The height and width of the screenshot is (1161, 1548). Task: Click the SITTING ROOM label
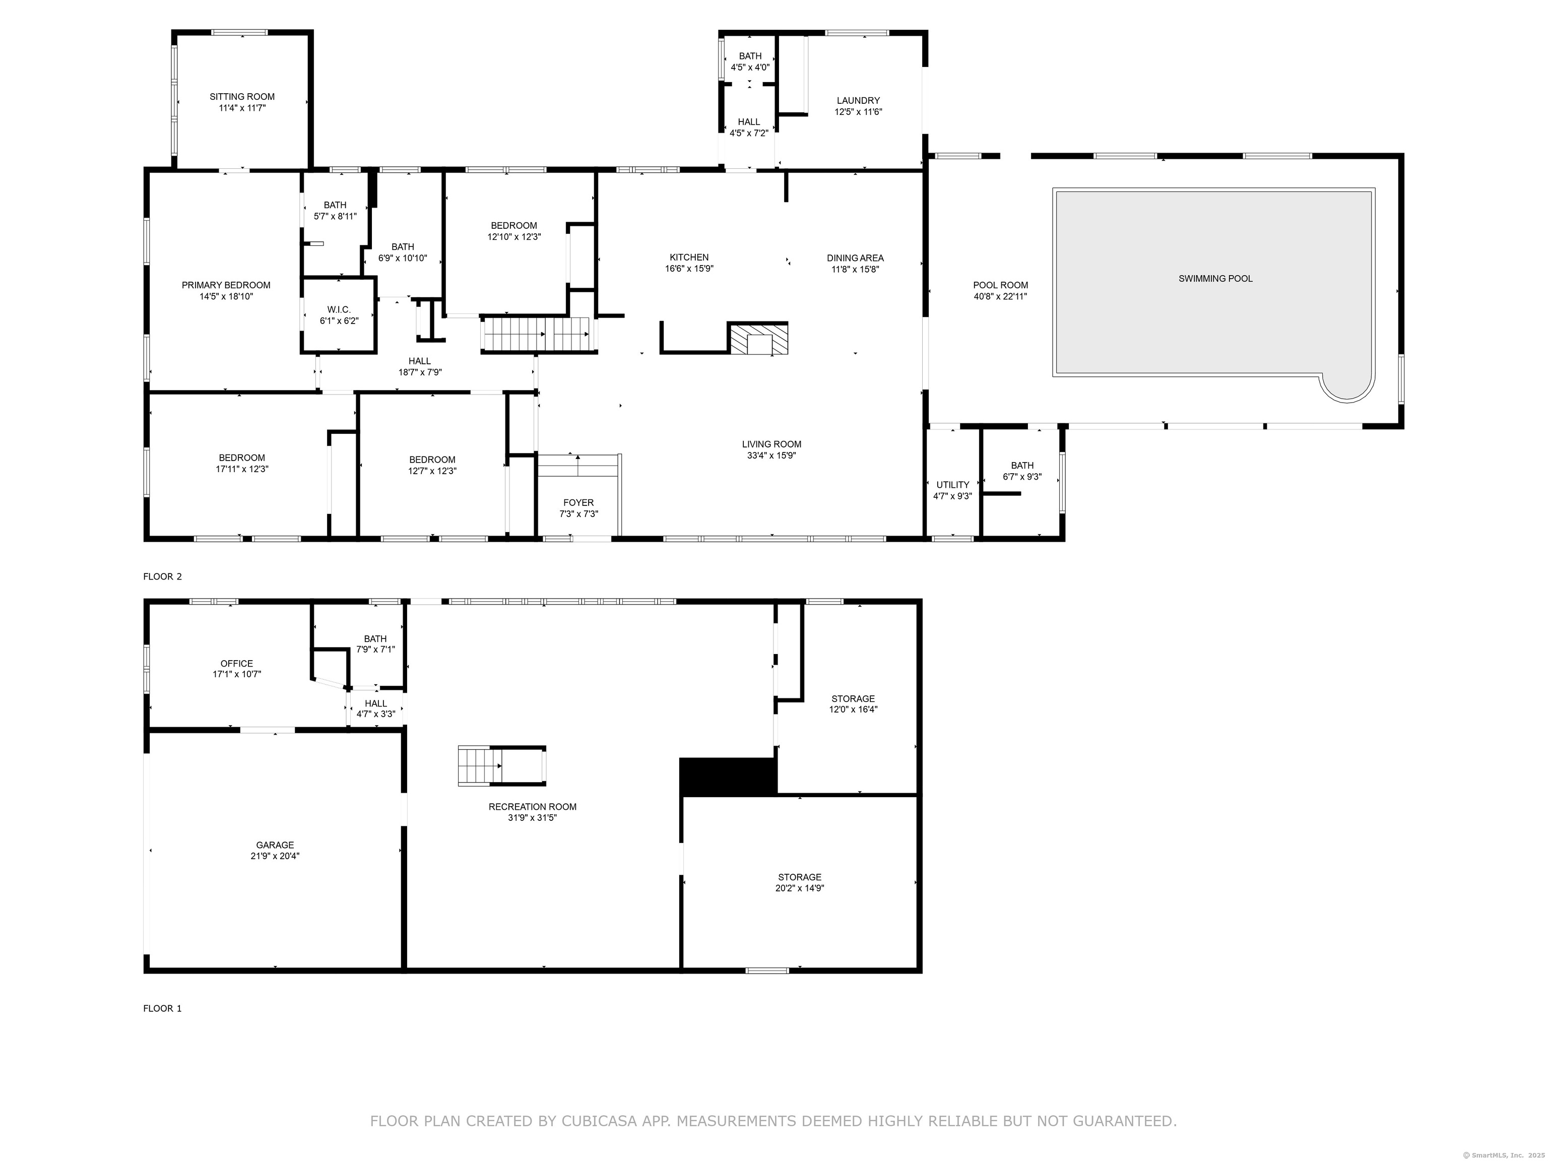click(242, 97)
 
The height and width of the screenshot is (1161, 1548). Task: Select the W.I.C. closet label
click(339, 309)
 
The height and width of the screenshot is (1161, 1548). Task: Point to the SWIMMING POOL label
click(1215, 279)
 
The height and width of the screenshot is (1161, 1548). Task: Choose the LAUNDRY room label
click(858, 101)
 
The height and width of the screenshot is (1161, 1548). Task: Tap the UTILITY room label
click(952, 485)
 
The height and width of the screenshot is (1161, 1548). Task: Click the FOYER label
click(579, 502)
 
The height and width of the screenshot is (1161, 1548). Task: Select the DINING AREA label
click(855, 257)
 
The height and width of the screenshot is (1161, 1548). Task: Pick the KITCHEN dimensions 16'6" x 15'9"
click(689, 269)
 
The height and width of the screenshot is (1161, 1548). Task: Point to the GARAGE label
click(275, 845)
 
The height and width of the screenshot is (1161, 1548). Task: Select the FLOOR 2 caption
click(162, 576)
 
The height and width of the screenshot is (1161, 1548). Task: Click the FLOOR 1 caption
click(162, 1008)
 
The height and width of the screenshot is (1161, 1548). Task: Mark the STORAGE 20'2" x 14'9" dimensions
click(800, 888)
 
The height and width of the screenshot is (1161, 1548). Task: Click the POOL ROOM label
click(1001, 285)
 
